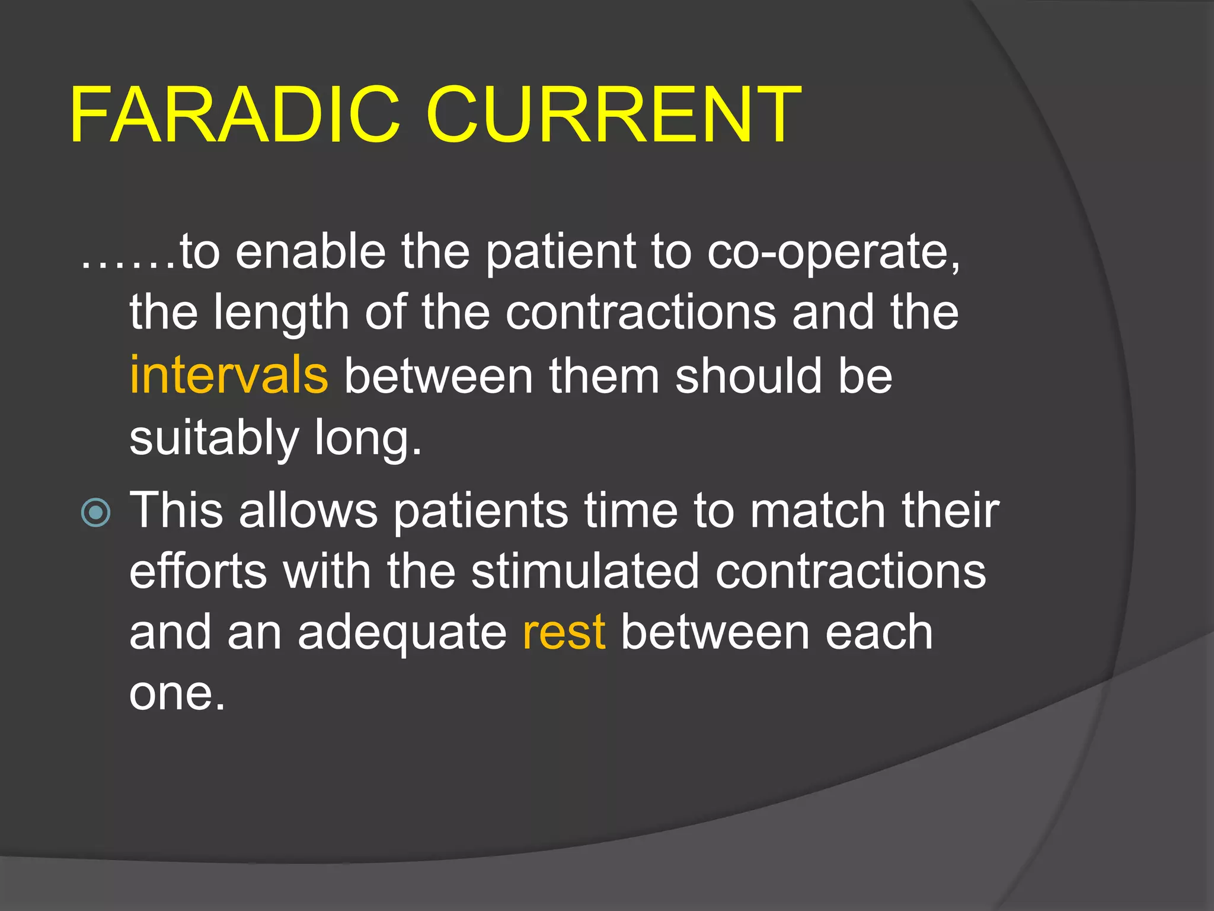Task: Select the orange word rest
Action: tap(564, 632)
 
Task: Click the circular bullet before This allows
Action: tap(95, 512)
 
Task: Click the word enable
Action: tap(311, 251)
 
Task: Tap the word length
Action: tap(281, 314)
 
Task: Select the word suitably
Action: tap(214, 439)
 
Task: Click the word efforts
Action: tap(198, 571)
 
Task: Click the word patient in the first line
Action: tap(561, 253)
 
